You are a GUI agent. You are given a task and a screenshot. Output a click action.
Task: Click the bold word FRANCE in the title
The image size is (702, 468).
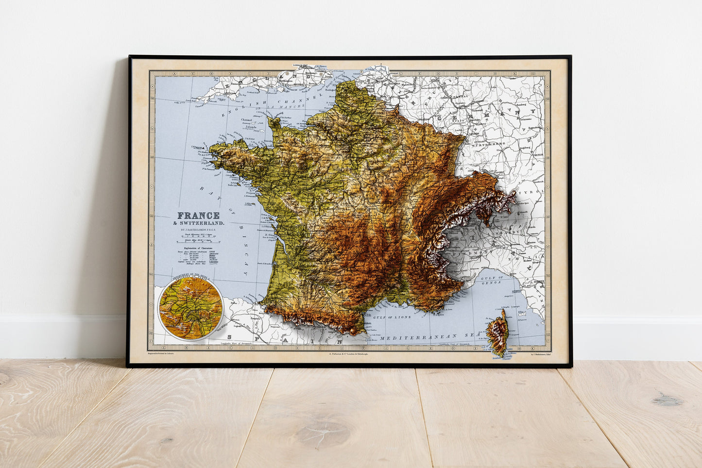pyautogui.click(x=198, y=215)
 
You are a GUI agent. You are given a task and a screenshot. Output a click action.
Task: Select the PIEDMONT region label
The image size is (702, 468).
pyautogui.click(x=466, y=253)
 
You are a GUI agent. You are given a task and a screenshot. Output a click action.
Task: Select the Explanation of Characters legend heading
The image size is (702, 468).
pyautogui.click(x=197, y=248)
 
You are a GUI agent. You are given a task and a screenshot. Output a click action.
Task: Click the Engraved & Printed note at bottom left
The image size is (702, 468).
pyautogui.click(x=161, y=354)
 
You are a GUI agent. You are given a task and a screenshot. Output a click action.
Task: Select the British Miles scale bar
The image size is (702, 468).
pyautogui.click(x=196, y=241)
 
